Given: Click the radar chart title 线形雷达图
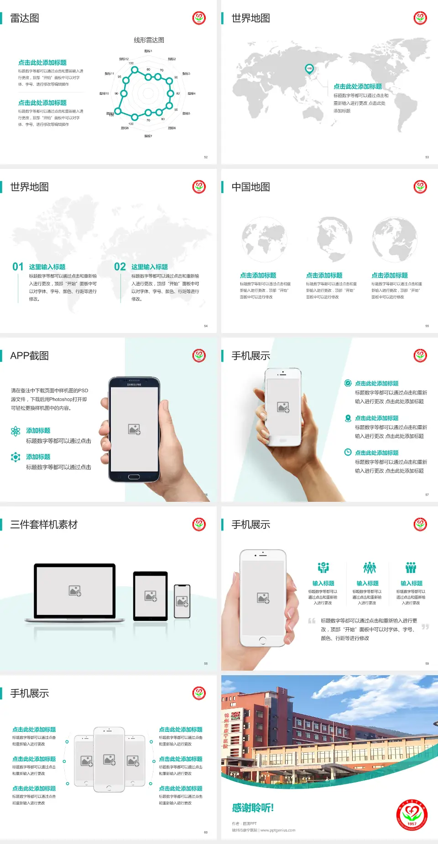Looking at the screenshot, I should [149, 40].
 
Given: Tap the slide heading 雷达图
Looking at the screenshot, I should [25, 18].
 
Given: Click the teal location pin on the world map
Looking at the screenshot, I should [309, 69].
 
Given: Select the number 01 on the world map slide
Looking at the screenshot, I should [18, 267].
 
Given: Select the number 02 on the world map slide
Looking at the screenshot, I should [120, 267].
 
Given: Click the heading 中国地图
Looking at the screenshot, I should [250, 187].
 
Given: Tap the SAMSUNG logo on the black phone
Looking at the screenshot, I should [134, 385].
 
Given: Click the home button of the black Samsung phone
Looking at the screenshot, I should [134, 477].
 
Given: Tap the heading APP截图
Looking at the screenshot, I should [29, 356].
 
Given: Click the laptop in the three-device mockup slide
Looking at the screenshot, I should [75, 592].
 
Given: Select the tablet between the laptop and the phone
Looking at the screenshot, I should [151, 596].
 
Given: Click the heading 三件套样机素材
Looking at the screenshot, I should [44, 525].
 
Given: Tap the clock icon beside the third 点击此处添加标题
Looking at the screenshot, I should [348, 452].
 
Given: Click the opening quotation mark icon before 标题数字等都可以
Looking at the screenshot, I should [312, 621].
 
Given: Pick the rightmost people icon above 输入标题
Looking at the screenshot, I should [411, 568].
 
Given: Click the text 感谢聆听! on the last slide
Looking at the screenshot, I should [253, 808].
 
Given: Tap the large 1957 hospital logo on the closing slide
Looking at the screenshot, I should [412, 814].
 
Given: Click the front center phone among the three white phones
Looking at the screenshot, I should [109, 759].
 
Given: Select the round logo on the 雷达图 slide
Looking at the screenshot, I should [199, 18].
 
